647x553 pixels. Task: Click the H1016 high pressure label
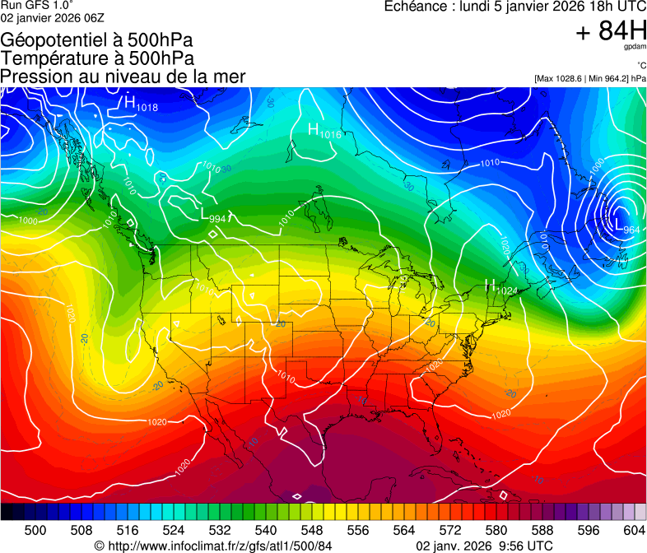click(324, 131)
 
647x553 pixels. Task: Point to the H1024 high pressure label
click(501, 288)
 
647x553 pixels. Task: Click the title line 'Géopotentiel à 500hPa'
click(96, 40)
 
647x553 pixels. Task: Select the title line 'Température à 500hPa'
click(97, 58)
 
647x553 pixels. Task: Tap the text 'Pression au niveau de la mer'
click(123, 77)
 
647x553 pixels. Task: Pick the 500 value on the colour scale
click(35, 529)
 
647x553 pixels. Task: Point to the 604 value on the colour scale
click(634, 529)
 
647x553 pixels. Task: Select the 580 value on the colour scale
click(496, 529)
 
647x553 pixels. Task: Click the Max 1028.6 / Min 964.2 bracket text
click(589, 78)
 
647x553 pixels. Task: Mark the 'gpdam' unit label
click(635, 47)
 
